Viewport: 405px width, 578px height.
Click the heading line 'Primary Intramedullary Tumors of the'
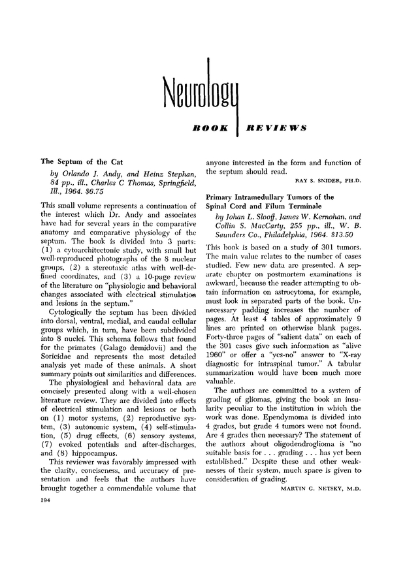coord(270,197)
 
